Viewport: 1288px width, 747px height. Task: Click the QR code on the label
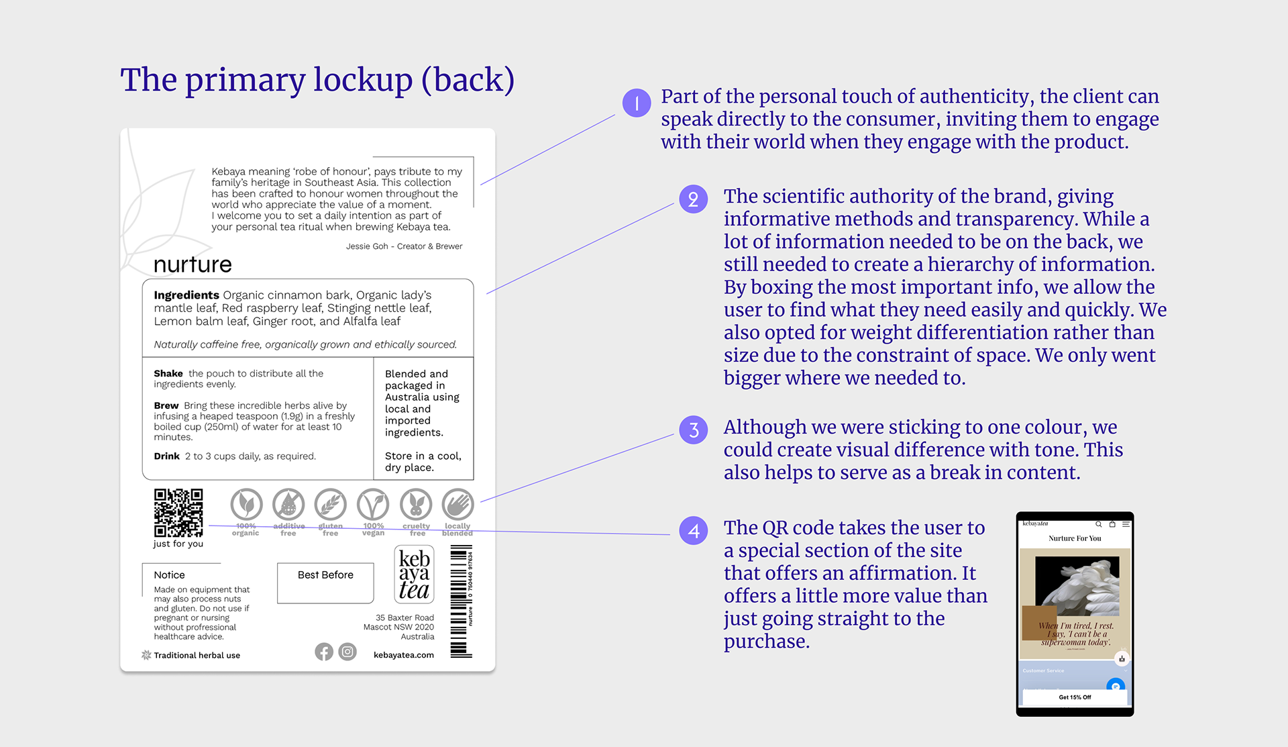click(178, 513)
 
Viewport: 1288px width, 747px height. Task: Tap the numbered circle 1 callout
click(637, 103)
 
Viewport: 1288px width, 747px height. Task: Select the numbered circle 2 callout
click(693, 199)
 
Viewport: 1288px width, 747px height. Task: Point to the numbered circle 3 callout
click(693, 430)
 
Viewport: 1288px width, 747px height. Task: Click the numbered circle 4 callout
click(693, 531)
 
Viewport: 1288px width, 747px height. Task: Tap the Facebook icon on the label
click(324, 652)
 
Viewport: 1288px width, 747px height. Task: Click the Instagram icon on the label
click(347, 652)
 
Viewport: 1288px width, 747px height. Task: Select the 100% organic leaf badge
click(246, 505)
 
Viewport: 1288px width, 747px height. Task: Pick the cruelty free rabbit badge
click(416, 505)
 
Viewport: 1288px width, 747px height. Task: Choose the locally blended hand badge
click(458, 505)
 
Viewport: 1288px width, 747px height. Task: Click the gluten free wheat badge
click(331, 505)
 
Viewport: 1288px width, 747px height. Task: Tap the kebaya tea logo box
click(414, 575)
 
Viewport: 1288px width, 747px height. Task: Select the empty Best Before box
click(325, 583)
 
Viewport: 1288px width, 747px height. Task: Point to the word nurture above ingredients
click(193, 264)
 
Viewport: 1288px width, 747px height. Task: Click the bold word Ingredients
click(186, 295)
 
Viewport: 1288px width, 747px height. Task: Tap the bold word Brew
click(166, 405)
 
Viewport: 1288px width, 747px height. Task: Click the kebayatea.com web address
click(404, 655)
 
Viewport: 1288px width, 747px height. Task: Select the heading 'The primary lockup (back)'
click(317, 80)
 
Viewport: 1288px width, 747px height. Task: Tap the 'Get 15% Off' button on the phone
click(1075, 697)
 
